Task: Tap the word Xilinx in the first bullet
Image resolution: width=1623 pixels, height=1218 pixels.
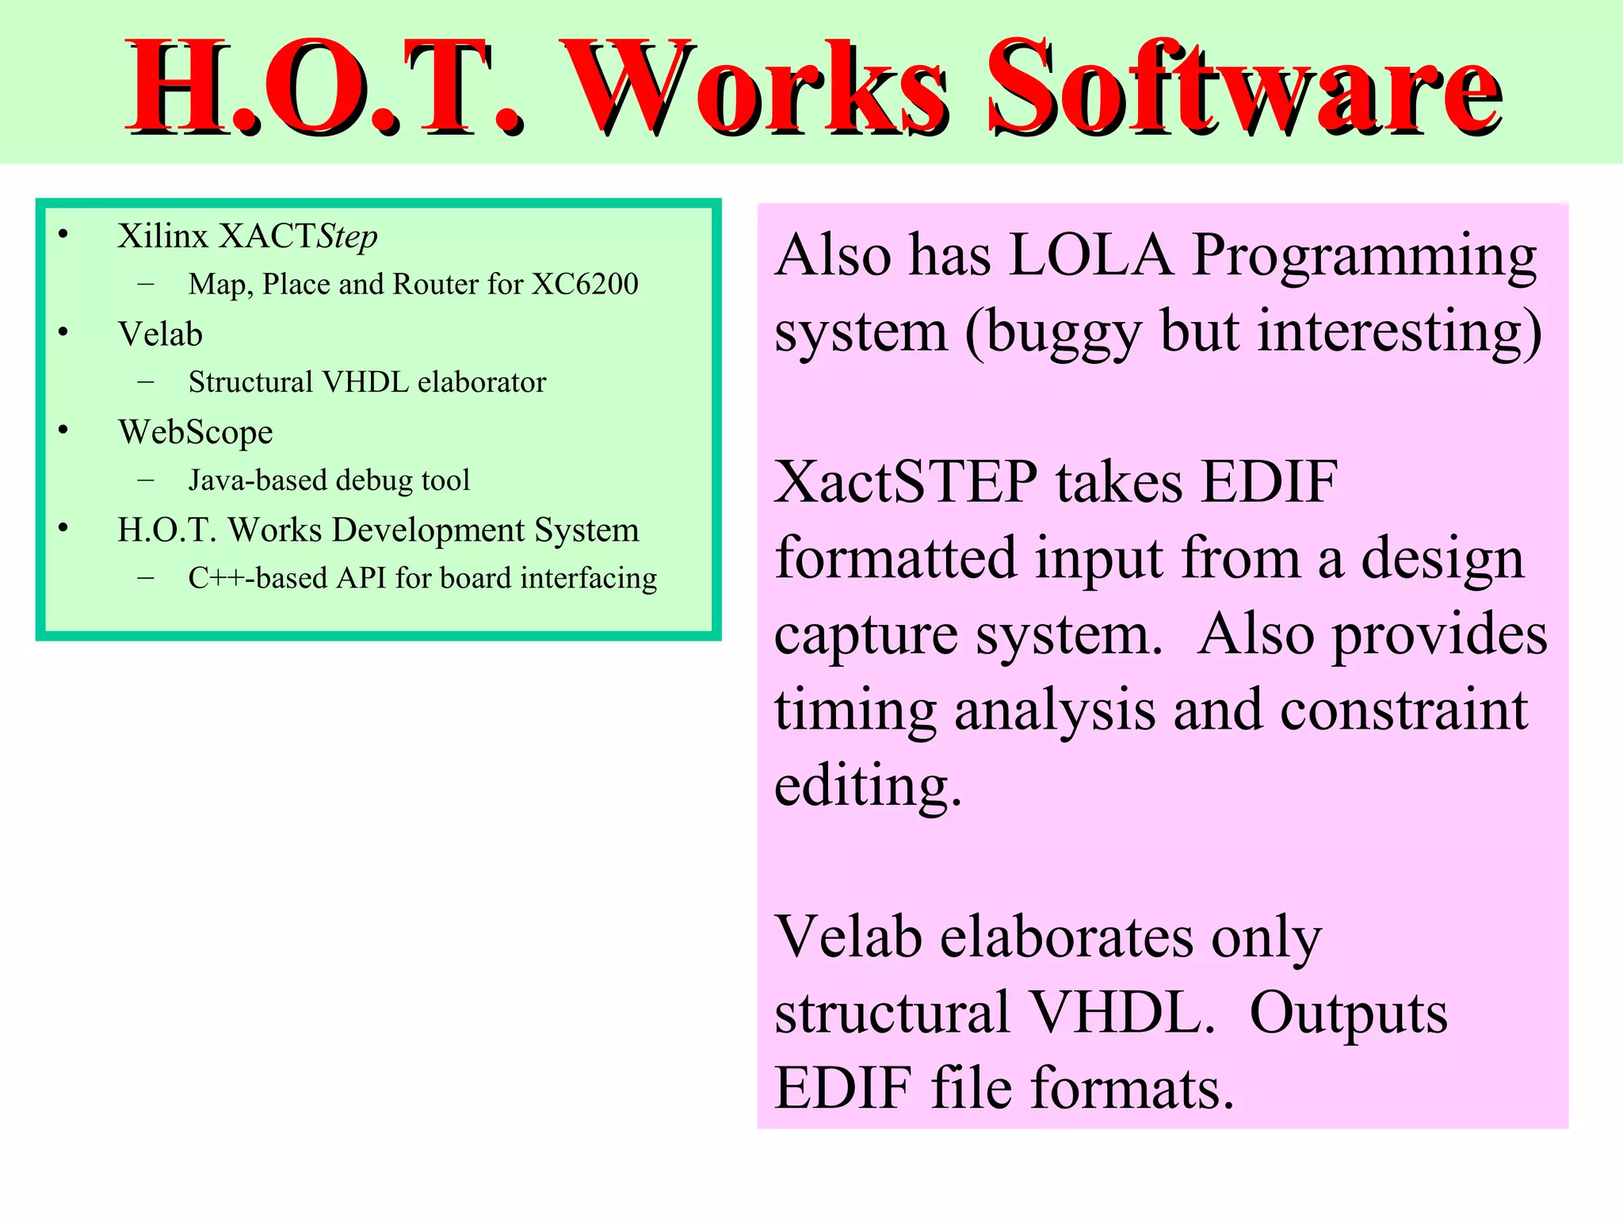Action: coord(162,236)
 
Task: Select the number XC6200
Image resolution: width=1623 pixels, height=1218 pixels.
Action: coord(585,284)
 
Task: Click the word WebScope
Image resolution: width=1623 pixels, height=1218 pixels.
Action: coord(196,432)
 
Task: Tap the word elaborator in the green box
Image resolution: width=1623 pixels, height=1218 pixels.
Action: coord(482,382)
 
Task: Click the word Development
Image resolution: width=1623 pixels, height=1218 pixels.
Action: coord(429,530)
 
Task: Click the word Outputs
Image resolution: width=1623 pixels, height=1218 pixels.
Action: coord(1348,1013)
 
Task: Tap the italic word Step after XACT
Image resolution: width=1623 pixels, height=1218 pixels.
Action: coord(346,236)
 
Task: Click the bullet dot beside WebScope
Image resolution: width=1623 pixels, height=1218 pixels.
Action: coord(63,430)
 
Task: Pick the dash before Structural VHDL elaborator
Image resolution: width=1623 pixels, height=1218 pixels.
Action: coord(146,381)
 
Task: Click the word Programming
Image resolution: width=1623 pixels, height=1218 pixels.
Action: coord(1364,256)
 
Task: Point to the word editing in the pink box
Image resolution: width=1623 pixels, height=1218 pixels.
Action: coord(868,787)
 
